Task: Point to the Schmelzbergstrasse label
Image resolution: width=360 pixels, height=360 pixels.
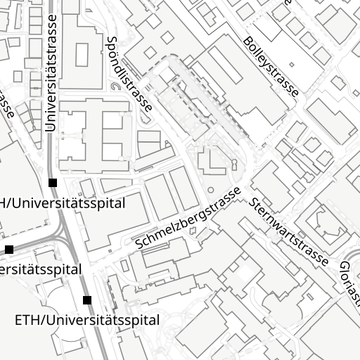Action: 189,217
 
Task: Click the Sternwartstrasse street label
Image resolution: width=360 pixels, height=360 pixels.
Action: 288,231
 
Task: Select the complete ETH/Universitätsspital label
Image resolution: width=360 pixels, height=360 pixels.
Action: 87,320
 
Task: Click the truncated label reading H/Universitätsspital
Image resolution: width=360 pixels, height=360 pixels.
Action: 63,203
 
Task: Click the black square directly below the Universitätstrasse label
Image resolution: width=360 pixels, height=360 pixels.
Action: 53,183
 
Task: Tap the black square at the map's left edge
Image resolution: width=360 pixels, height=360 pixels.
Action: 9,249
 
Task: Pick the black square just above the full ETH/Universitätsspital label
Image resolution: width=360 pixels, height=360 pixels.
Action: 87,300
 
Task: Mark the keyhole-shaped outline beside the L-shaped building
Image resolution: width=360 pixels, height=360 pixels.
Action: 234,166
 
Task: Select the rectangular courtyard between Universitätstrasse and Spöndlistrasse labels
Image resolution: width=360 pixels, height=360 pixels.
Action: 82,54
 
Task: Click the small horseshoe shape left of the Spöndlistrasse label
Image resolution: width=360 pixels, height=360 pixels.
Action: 115,88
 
